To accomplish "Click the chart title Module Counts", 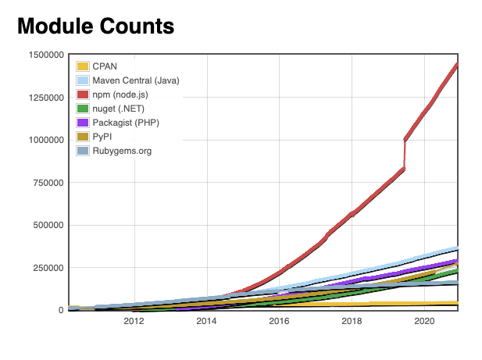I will click(x=95, y=27).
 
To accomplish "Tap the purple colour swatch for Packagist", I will click(x=83, y=122).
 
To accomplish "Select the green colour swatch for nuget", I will click(x=83, y=108).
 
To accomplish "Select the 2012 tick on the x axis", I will click(x=134, y=321).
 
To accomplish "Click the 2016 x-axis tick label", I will click(x=279, y=321).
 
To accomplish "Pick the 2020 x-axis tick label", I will click(x=424, y=321).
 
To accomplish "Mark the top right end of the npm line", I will click(x=456, y=65).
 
